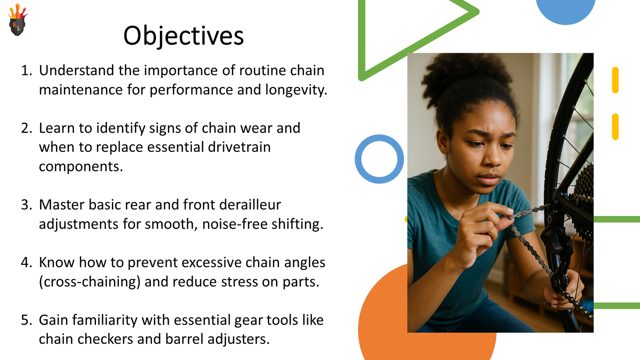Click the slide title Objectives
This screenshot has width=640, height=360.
(183, 36)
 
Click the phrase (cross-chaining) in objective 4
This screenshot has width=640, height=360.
(90, 282)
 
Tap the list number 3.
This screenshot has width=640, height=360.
(26, 205)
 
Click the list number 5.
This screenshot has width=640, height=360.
(26, 320)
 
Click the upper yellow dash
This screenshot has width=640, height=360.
(615, 80)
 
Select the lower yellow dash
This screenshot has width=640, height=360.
(615, 127)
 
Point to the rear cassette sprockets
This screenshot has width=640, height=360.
(584, 192)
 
